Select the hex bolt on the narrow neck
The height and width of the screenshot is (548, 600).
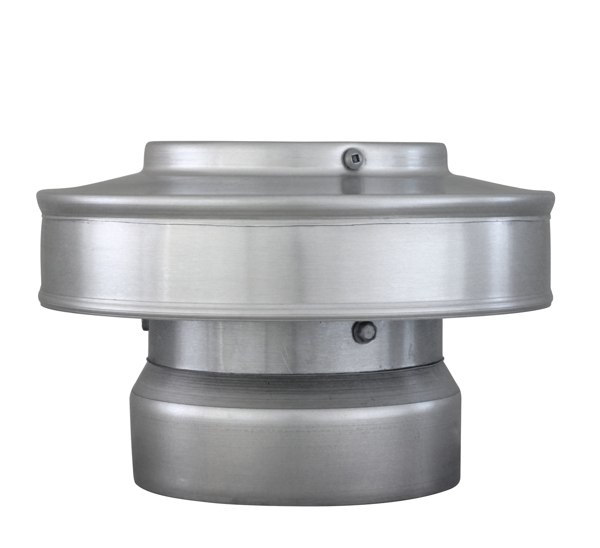(x=364, y=331)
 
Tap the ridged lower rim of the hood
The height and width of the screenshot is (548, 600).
(x=249, y=306)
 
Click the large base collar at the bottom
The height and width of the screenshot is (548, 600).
(x=291, y=448)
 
